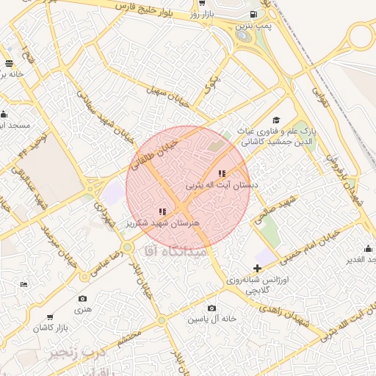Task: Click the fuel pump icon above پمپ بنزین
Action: pyautogui.click(x=253, y=15)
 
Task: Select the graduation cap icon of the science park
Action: pyautogui.click(x=275, y=120)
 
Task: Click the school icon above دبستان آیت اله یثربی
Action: pyautogui.click(x=223, y=173)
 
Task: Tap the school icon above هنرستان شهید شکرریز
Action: pyautogui.click(x=162, y=212)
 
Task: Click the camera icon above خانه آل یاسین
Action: pyautogui.click(x=211, y=308)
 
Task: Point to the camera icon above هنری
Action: pyautogui.click(x=82, y=299)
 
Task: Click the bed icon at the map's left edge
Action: pyautogui.click(x=24, y=283)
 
